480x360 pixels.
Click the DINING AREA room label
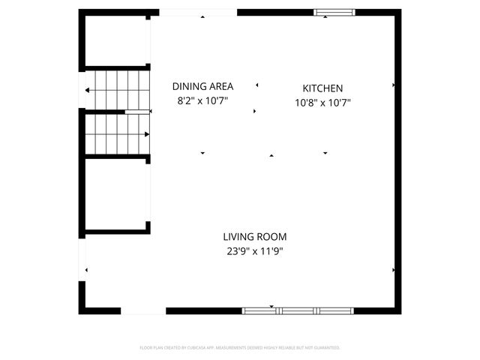point(202,86)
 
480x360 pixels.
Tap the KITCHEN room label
point(322,88)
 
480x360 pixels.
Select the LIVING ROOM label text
point(254,236)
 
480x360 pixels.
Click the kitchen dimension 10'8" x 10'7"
point(322,103)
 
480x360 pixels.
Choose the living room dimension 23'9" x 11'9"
point(255,251)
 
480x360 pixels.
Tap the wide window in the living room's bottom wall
point(298,310)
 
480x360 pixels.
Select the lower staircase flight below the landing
point(116,133)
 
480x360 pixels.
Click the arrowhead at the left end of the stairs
point(88,91)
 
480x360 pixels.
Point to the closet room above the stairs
point(116,41)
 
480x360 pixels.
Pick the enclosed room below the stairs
point(116,193)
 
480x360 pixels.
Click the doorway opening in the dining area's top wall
point(198,12)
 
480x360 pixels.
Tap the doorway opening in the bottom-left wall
point(143,310)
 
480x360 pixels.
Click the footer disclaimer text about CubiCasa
point(240,348)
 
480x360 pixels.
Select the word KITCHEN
point(322,88)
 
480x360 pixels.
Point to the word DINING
point(187,86)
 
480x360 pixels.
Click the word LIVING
point(238,236)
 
